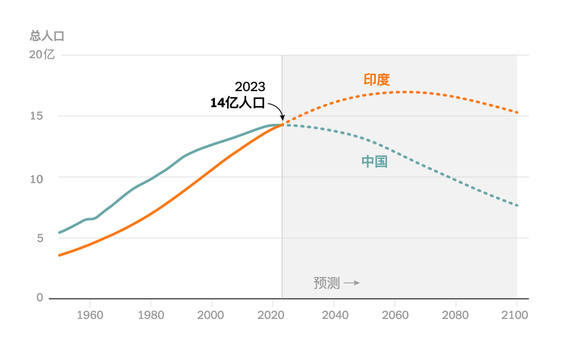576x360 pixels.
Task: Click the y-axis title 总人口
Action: pos(47,36)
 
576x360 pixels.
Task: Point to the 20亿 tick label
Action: pos(42,55)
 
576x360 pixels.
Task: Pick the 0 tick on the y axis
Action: pos(39,297)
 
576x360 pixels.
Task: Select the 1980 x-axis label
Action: pos(151,316)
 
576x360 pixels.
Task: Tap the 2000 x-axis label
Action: pos(211,316)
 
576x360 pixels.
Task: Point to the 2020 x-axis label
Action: pos(272,316)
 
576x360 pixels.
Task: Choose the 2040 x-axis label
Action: pos(334,316)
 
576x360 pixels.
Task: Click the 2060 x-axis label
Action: pos(394,316)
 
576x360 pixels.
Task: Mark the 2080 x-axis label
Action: pos(455,316)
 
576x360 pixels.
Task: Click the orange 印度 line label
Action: pos(376,80)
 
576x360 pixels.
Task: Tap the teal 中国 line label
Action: pos(375,161)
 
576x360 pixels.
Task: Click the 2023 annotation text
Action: pos(250,87)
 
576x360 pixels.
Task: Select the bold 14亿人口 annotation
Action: pos(238,103)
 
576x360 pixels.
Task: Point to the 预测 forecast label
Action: pos(326,283)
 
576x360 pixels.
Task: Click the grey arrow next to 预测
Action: pos(352,283)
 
